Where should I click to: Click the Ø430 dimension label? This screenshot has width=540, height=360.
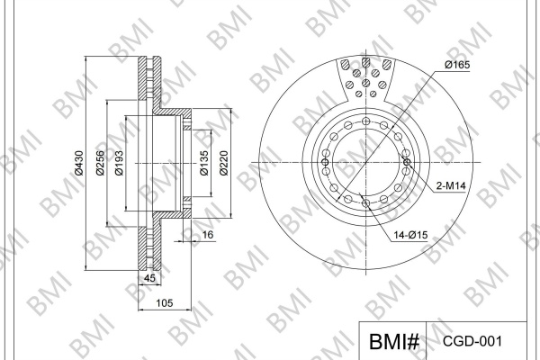(x=79, y=163)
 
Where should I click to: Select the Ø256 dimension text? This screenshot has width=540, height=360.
(x=100, y=163)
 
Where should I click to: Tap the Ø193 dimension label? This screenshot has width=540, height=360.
(x=119, y=163)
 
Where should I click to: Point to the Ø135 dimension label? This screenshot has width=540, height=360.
(x=204, y=163)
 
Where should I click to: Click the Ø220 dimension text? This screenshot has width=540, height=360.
(x=224, y=163)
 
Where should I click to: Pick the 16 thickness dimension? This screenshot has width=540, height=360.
(x=208, y=235)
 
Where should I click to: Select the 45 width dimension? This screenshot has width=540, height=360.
(x=149, y=278)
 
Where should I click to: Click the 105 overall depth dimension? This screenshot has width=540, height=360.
(x=165, y=303)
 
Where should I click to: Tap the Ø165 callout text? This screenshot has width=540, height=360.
(x=457, y=65)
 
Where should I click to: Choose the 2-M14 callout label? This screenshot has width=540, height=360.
(x=451, y=186)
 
